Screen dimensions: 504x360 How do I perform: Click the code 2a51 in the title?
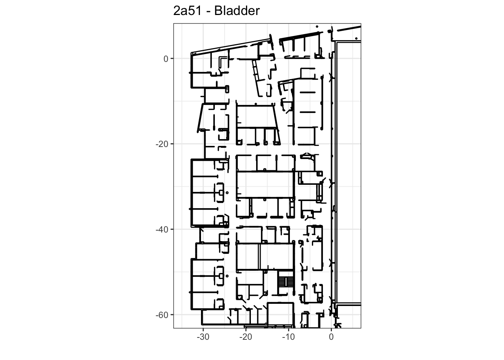(187, 11)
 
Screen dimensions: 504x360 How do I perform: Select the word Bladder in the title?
(237, 11)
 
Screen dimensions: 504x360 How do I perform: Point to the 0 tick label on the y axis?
(166, 59)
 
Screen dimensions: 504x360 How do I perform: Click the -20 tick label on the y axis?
(162, 144)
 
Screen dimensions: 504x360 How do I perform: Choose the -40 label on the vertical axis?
(162, 230)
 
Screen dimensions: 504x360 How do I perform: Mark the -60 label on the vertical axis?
(162, 315)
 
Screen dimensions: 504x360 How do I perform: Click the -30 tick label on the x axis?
(203, 337)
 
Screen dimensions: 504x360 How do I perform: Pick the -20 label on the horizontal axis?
(246, 337)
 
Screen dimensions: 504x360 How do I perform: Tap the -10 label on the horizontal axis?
(288, 337)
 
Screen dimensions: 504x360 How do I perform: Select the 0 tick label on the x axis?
(331, 337)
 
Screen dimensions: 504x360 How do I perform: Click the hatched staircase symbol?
(286, 282)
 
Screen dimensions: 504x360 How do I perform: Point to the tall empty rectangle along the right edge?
(348, 172)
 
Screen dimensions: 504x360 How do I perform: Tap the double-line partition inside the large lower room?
(259, 256)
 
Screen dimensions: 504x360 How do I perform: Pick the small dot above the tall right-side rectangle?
(356, 39)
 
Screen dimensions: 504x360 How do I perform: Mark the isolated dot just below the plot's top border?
(317, 27)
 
